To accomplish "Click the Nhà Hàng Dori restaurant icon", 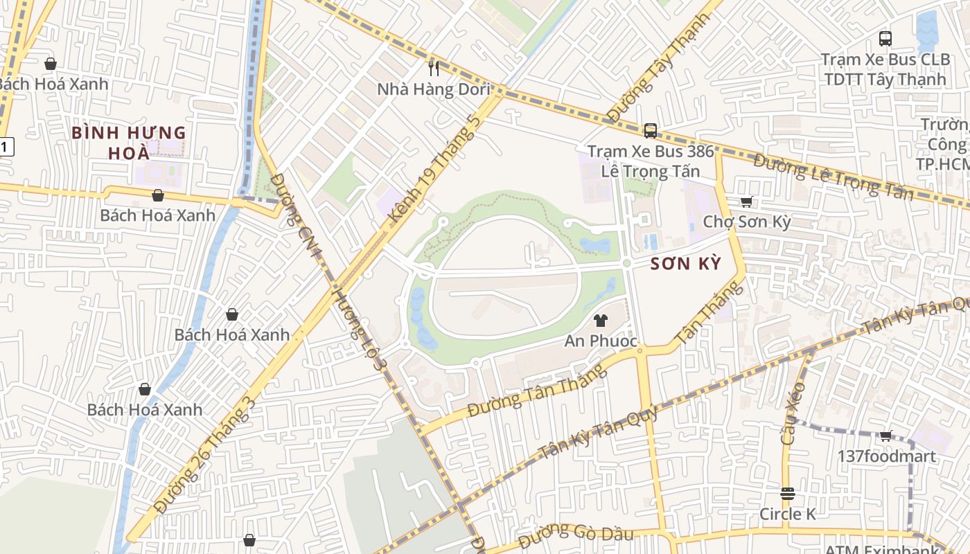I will coord(434,68).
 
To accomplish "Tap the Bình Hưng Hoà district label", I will coord(129,142).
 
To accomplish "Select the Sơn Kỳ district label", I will coord(686,263).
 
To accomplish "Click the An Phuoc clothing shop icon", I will coord(600,321).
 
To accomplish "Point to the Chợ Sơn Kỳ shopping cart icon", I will coord(746,202).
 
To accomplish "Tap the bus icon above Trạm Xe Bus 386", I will coord(650,130).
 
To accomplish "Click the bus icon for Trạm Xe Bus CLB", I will coord(885,39).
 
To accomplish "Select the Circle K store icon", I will coord(787,494).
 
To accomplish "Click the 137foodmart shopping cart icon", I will coord(885,436).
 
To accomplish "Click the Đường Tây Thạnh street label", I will coord(658,67).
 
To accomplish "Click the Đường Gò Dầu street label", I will coord(576,533).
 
